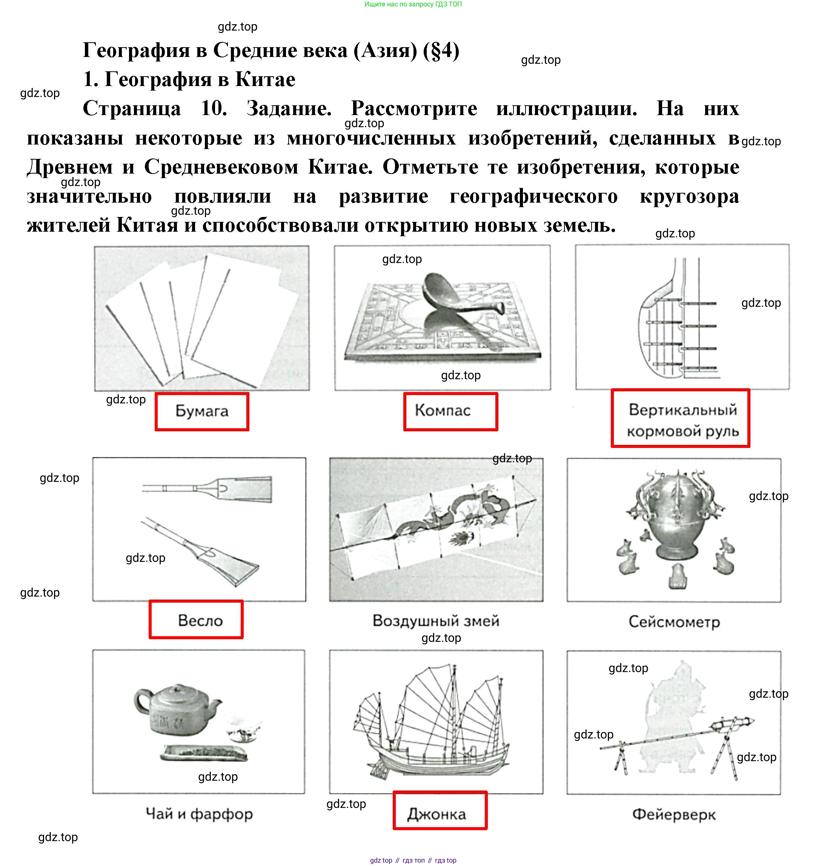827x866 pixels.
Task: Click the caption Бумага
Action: (x=202, y=411)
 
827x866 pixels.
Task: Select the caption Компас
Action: (x=443, y=411)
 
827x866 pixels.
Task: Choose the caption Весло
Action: (x=200, y=620)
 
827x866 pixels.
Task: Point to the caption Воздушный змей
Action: (x=435, y=621)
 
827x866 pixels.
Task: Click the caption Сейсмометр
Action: (x=674, y=622)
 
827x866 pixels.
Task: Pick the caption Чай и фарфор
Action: (x=199, y=814)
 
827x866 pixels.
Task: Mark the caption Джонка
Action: (x=437, y=814)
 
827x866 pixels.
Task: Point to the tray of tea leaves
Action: (x=204, y=753)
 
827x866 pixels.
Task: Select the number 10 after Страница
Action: (x=214, y=108)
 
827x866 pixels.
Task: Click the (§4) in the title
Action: (x=441, y=50)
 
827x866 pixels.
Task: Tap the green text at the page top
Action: (x=413, y=5)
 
